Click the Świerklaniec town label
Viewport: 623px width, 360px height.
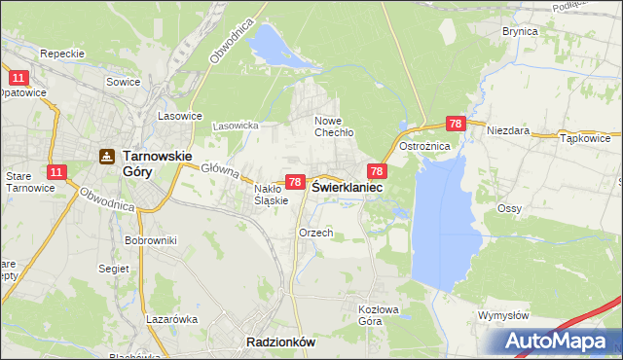[x=347, y=186]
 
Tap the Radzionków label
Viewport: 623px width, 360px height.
[x=280, y=342]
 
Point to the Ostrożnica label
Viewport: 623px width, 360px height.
[x=424, y=146]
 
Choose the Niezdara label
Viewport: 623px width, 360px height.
[x=507, y=129]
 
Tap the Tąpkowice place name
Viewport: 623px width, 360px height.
[x=586, y=139]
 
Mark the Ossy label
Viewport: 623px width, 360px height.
[x=509, y=208]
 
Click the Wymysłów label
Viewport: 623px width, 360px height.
[x=503, y=315]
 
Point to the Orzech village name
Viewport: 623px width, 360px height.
[x=316, y=234]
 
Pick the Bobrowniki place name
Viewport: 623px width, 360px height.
[x=151, y=239]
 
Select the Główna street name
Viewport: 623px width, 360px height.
[x=220, y=170]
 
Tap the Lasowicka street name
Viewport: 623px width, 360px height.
[x=235, y=126]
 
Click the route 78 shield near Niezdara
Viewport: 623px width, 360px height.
[x=456, y=124]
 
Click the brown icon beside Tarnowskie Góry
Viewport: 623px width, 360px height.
[x=106, y=155]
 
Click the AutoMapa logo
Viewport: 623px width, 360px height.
[x=556, y=342]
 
